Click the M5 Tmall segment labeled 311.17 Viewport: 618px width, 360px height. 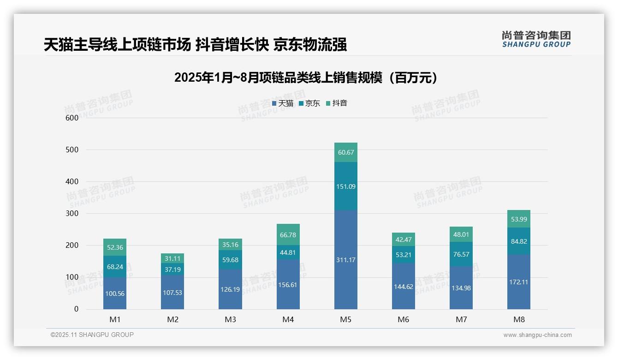(345, 260)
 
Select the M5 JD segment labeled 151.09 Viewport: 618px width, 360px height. (345, 186)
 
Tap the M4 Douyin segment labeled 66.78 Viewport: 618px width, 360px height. (288, 235)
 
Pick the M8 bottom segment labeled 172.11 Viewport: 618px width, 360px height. (519, 282)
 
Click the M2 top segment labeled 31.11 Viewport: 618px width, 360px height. (172, 258)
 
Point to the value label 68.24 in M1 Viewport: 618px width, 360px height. (115, 267)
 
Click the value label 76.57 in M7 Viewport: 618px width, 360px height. (461, 254)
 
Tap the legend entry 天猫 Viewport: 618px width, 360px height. (283, 103)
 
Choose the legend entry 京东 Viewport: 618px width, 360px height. (309, 103)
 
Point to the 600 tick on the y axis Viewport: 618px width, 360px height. (72, 118)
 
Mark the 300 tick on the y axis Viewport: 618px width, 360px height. (72, 214)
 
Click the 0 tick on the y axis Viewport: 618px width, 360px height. (77, 309)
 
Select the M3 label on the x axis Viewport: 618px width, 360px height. (230, 319)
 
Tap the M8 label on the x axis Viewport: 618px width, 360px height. (519, 319)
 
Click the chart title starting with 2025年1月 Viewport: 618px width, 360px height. (306, 78)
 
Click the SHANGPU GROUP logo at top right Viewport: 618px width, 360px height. (536, 39)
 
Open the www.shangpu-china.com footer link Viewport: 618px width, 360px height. (537, 335)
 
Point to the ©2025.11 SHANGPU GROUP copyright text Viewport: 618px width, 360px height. (92, 335)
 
